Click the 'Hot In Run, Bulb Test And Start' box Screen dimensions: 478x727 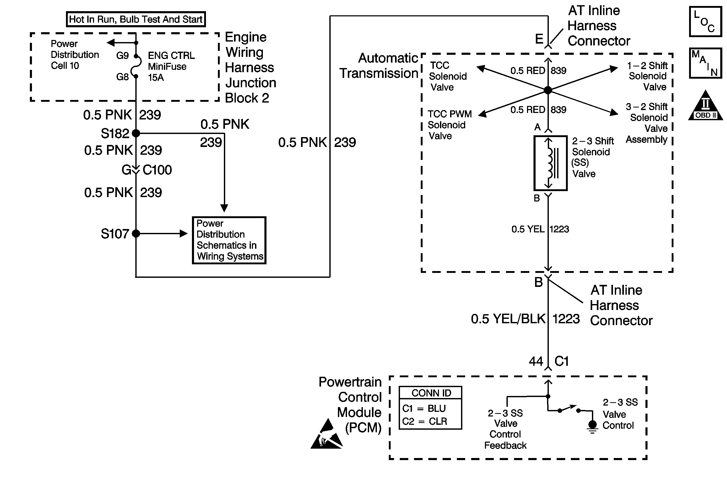point(136,19)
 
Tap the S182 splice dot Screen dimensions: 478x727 point(136,133)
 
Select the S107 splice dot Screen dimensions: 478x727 point(136,234)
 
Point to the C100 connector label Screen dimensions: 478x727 point(157,170)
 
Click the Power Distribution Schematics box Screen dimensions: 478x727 point(229,240)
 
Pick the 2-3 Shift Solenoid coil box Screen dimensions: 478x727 point(550,163)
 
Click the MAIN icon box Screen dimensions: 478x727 point(705,63)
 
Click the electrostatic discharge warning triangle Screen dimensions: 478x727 point(326,435)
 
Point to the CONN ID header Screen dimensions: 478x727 point(431,393)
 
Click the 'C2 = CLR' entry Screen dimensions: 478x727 point(425,421)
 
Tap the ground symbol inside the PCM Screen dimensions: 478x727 point(592,427)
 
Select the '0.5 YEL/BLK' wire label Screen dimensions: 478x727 point(508,319)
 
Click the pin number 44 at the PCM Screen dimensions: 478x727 point(536,362)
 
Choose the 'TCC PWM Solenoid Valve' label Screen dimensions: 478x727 point(449,125)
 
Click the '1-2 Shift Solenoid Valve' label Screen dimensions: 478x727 point(647,76)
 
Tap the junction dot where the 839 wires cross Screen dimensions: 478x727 point(548,90)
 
